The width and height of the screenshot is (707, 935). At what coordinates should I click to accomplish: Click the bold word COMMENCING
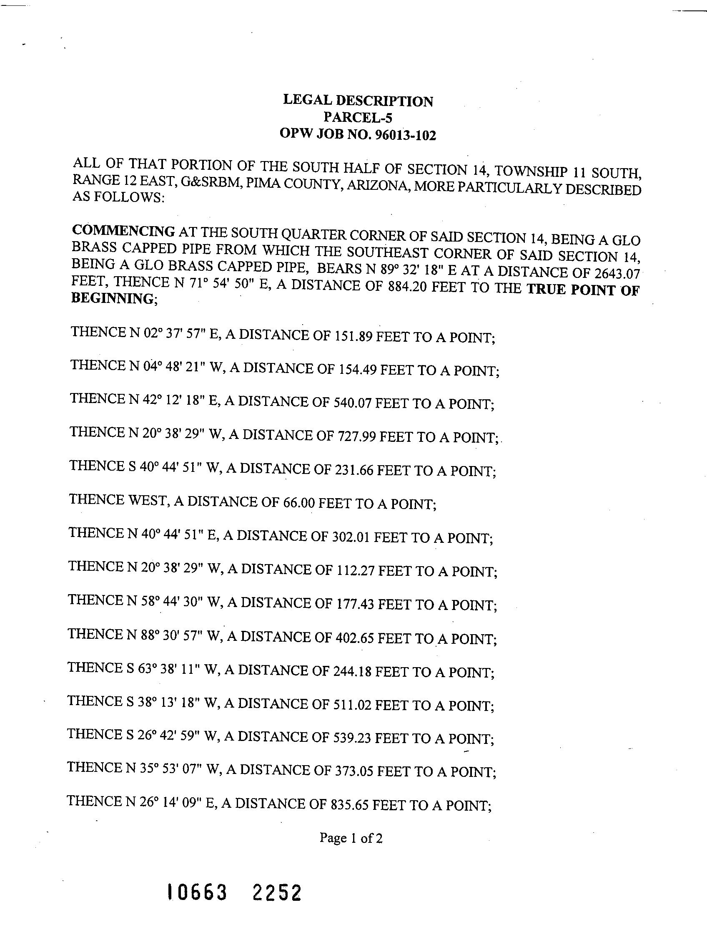tap(123, 231)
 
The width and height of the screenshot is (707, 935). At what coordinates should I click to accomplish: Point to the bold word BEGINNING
tap(112, 298)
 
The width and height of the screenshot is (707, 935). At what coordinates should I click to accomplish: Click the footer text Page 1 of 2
tap(351, 838)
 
